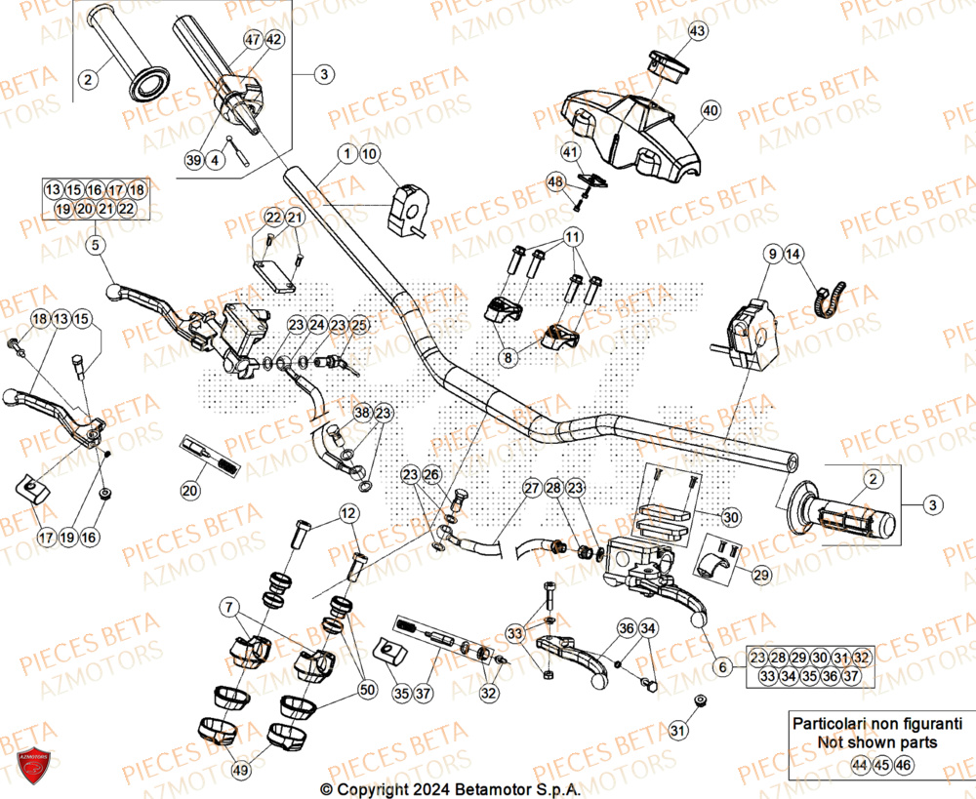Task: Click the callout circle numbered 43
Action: tap(697, 32)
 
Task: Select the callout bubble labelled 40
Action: tap(709, 110)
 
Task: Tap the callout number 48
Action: tap(555, 182)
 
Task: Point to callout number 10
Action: tap(368, 153)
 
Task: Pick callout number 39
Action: tap(192, 159)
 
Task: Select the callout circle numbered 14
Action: tap(793, 255)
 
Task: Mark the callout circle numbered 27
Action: tap(531, 488)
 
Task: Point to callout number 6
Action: tap(722, 667)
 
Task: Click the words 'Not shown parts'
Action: tap(877, 741)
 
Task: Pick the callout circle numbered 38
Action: tap(362, 414)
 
